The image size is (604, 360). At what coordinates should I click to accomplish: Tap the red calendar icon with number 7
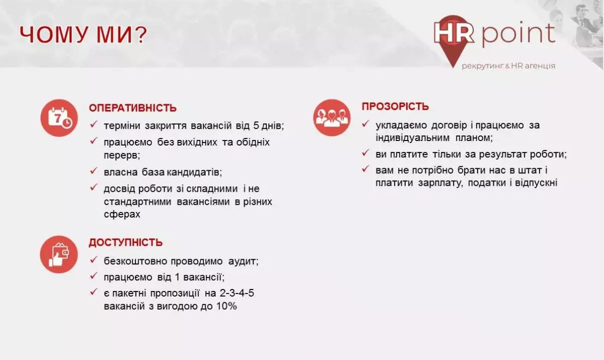[x=59, y=118]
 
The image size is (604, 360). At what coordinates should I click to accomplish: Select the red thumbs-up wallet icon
[x=59, y=254]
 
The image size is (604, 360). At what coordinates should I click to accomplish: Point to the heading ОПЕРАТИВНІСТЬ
[x=133, y=108]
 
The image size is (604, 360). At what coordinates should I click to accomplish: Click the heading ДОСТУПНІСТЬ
[x=126, y=243]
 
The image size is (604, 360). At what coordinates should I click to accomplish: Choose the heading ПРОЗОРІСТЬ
[x=395, y=107]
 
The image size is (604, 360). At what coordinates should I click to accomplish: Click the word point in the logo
[x=518, y=33]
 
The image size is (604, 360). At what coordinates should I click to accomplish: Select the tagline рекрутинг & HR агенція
[x=508, y=66]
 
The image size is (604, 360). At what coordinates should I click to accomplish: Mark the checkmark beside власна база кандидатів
[x=94, y=171]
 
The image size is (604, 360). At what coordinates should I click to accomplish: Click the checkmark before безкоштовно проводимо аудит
[x=94, y=260]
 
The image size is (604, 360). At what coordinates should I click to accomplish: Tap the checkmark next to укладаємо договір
[x=365, y=124]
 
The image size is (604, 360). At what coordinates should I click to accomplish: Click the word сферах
[x=121, y=214]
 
